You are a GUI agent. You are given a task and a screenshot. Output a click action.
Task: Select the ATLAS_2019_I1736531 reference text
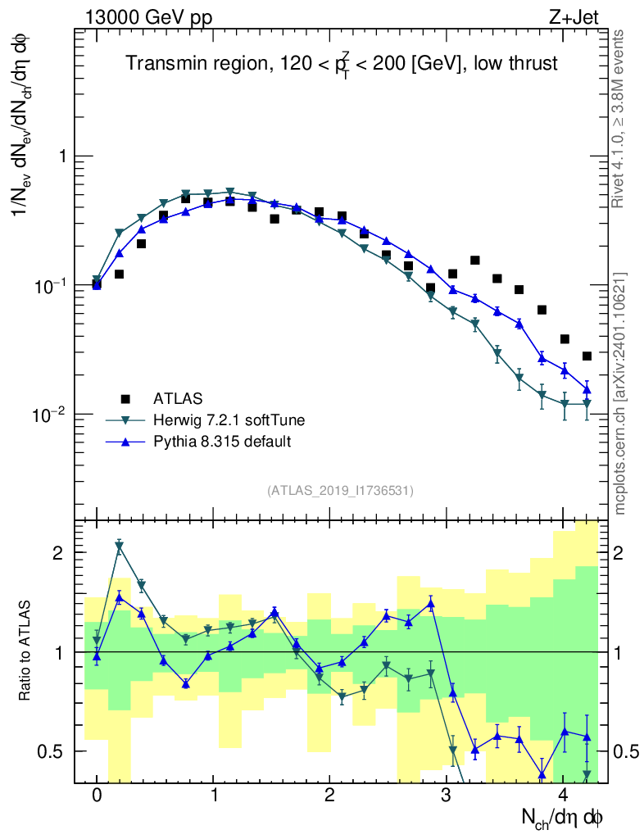click(340, 491)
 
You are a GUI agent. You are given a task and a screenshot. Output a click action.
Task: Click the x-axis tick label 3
click(447, 796)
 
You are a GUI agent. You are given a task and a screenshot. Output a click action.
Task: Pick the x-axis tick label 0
click(97, 796)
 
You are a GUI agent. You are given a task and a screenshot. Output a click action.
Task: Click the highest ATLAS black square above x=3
click(474, 261)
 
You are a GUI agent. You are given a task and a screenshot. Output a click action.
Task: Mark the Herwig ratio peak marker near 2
click(119, 547)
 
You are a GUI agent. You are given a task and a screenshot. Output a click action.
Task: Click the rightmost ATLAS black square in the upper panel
click(587, 356)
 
